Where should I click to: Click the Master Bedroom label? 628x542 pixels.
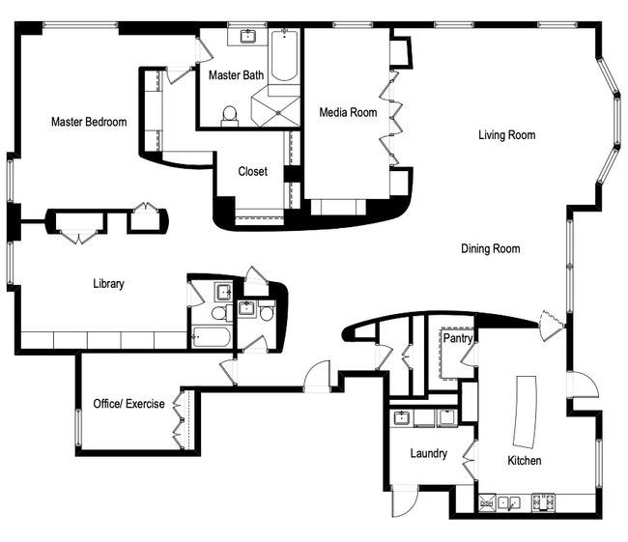pyautogui.click(x=89, y=122)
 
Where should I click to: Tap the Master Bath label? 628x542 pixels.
pyautogui.click(x=237, y=75)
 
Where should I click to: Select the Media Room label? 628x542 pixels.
pyautogui.click(x=348, y=112)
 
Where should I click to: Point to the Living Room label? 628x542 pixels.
pyautogui.click(x=507, y=135)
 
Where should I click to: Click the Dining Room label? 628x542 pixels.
pyautogui.click(x=491, y=248)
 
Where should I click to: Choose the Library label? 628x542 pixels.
pyautogui.click(x=108, y=284)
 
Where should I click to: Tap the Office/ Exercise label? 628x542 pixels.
pyautogui.click(x=128, y=404)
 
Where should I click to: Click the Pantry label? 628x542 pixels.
pyautogui.click(x=458, y=338)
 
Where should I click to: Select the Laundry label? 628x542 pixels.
pyautogui.click(x=429, y=453)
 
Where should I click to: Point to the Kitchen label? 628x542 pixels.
pyautogui.click(x=525, y=461)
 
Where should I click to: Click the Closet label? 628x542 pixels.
pyautogui.click(x=253, y=171)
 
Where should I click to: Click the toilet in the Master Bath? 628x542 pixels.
pyautogui.click(x=230, y=116)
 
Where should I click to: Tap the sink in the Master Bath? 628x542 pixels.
pyautogui.click(x=249, y=36)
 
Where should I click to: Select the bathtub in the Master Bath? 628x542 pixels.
pyautogui.click(x=284, y=55)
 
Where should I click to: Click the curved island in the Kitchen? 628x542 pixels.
pyautogui.click(x=526, y=412)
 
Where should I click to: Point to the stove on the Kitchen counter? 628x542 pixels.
pyautogui.click(x=544, y=502)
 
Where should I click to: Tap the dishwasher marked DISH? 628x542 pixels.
pyautogui.click(x=487, y=503)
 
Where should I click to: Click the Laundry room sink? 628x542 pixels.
pyautogui.click(x=401, y=418)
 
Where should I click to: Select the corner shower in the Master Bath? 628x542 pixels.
pyautogui.click(x=275, y=111)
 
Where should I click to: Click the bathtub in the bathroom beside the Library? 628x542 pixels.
pyautogui.click(x=212, y=338)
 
